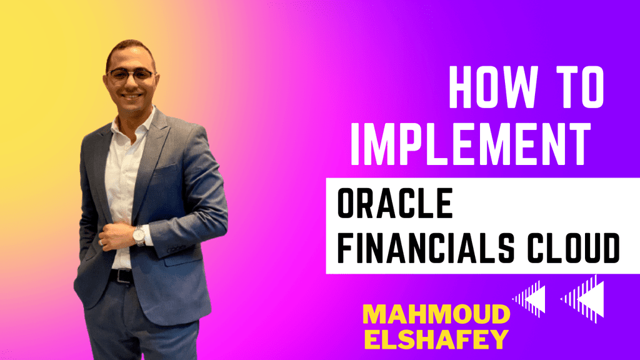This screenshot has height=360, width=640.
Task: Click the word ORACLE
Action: (x=395, y=203)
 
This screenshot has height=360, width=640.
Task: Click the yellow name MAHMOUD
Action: (x=436, y=315)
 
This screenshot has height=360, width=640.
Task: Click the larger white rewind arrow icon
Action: (x=583, y=299)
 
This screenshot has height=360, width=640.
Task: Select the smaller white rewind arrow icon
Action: (x=529, y=299)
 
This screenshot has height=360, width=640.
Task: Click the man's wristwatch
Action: (x=139, y=235)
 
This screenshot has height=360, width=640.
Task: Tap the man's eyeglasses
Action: (x=131, y=75)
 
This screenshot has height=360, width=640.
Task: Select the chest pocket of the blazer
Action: (x=166, y=170)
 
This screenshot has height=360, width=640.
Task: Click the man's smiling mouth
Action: (x=132, y=97)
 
